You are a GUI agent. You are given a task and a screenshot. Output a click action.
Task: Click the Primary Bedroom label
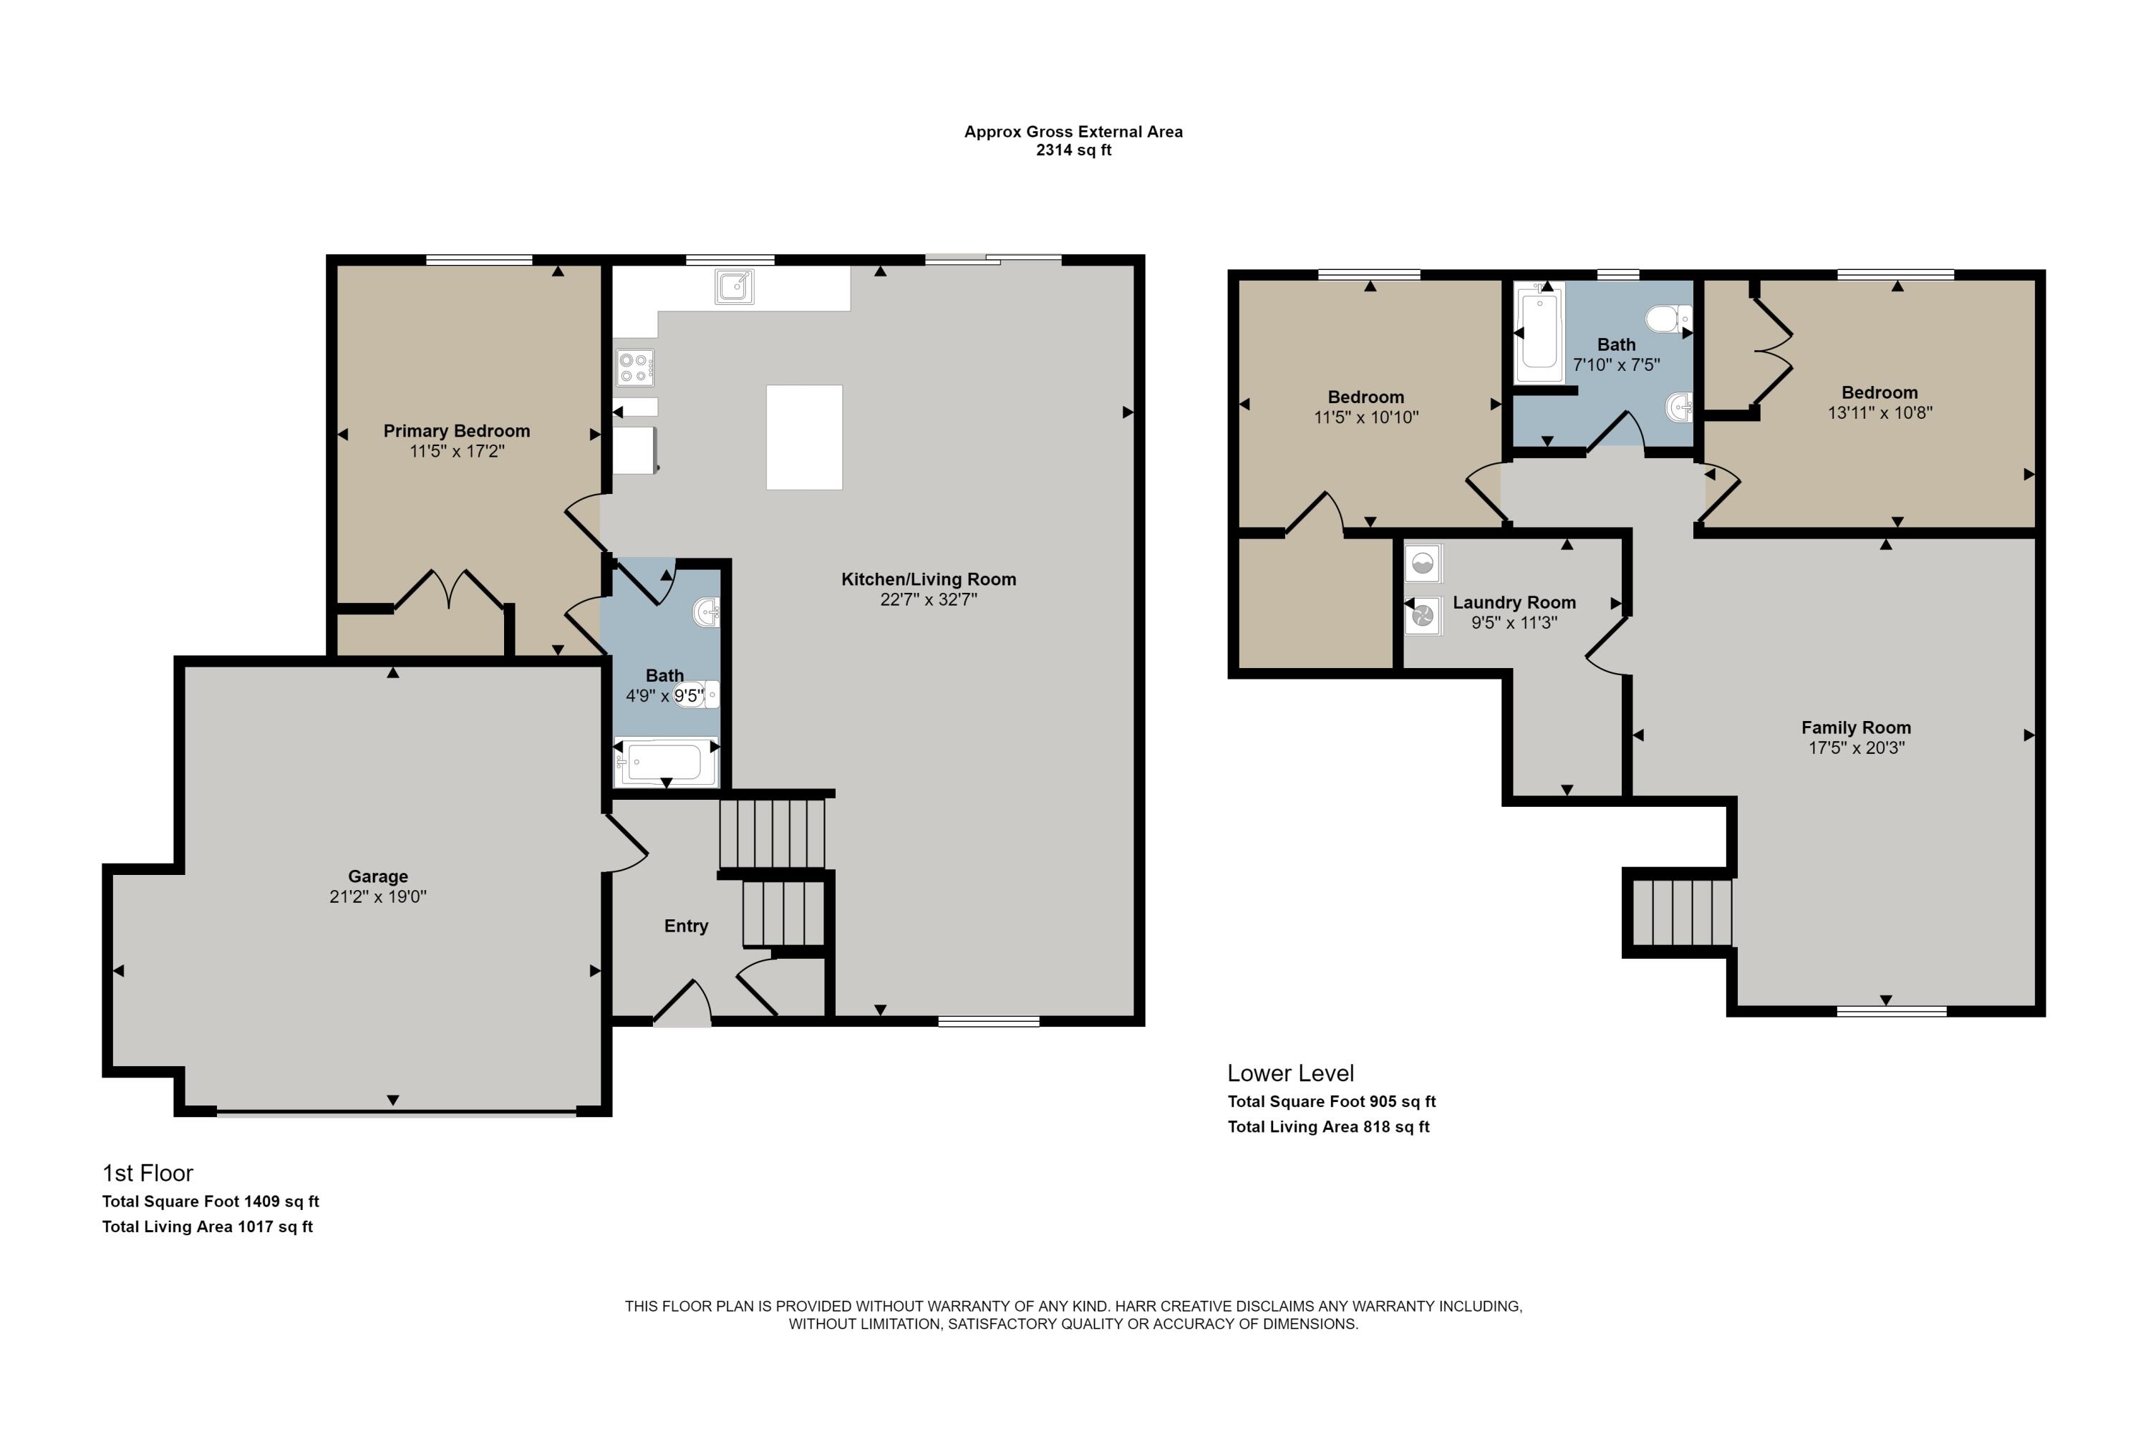coord(457,431)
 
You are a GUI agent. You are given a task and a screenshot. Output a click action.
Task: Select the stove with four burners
coord(634,367)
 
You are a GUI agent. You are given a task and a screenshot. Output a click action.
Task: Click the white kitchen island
coord(803,437)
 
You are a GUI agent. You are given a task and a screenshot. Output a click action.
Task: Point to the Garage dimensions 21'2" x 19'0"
coord(378,897)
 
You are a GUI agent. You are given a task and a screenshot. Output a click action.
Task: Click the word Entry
coord(686,926)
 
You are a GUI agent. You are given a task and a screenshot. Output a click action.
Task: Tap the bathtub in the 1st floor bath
coord(666,763)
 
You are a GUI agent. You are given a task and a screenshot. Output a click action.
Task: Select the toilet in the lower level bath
coord(1668,319)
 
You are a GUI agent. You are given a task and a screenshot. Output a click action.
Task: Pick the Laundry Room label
coord(1514,603)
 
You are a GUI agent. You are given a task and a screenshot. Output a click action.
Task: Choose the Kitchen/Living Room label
coord(928,579)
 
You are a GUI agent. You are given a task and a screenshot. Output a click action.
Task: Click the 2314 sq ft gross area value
coord(1073,150)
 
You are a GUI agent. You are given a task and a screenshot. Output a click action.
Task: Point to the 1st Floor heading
coord(148,1174)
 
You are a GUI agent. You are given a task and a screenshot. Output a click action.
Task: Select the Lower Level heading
coord(1290,1073)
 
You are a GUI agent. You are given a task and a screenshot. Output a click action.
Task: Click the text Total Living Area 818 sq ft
coord(1328,1127)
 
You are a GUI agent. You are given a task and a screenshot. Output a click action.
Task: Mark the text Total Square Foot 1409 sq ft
coord(210,1202)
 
